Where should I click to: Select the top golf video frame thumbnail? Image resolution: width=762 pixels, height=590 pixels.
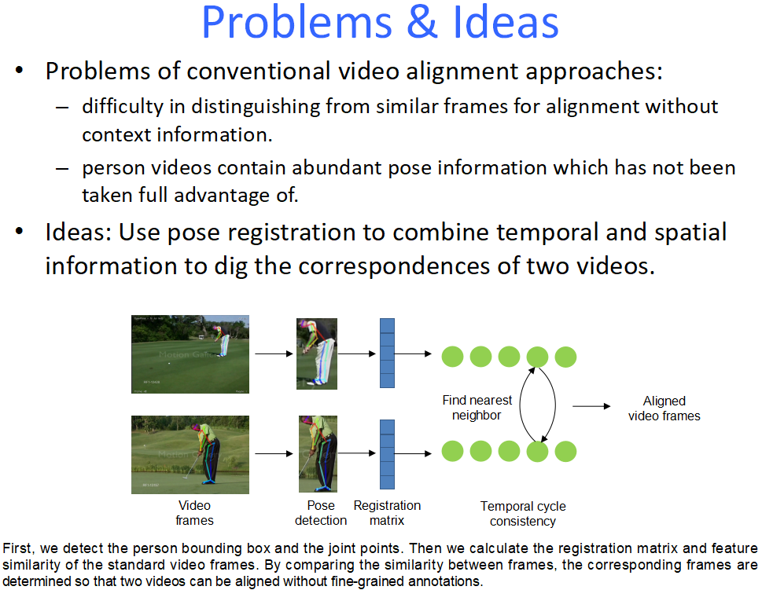pos(190,354)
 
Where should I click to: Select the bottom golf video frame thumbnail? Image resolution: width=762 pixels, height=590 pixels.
pos(190,455)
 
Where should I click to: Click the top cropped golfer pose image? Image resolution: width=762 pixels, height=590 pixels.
pos(317,354)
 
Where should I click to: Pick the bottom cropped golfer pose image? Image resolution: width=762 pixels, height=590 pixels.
pos(318,453)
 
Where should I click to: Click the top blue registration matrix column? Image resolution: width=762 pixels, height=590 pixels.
pos(387,353)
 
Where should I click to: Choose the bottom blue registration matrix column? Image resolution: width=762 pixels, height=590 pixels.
pos(387,454)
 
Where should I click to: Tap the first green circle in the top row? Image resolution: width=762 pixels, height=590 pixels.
pos(452,357)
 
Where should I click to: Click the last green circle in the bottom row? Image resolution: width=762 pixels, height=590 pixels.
pos(565,451)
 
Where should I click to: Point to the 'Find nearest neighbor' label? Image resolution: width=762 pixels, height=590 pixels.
pos(477,408)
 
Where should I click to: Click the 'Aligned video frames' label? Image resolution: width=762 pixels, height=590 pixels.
pos(664,409)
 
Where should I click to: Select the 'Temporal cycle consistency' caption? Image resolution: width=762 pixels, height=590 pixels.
pos(523,513)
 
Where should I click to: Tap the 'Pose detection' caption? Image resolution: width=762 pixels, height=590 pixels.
pos(321,513)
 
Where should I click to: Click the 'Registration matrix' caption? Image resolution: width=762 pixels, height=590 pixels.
pos(387,513)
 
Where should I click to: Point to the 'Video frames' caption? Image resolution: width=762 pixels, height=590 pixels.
pos(194,513)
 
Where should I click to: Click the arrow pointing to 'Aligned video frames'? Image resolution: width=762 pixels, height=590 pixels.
pos(591,406)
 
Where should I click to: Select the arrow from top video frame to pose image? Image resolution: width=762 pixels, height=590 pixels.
pos(274,354)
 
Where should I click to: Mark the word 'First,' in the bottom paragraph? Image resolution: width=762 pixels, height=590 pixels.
pos(19,548)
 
